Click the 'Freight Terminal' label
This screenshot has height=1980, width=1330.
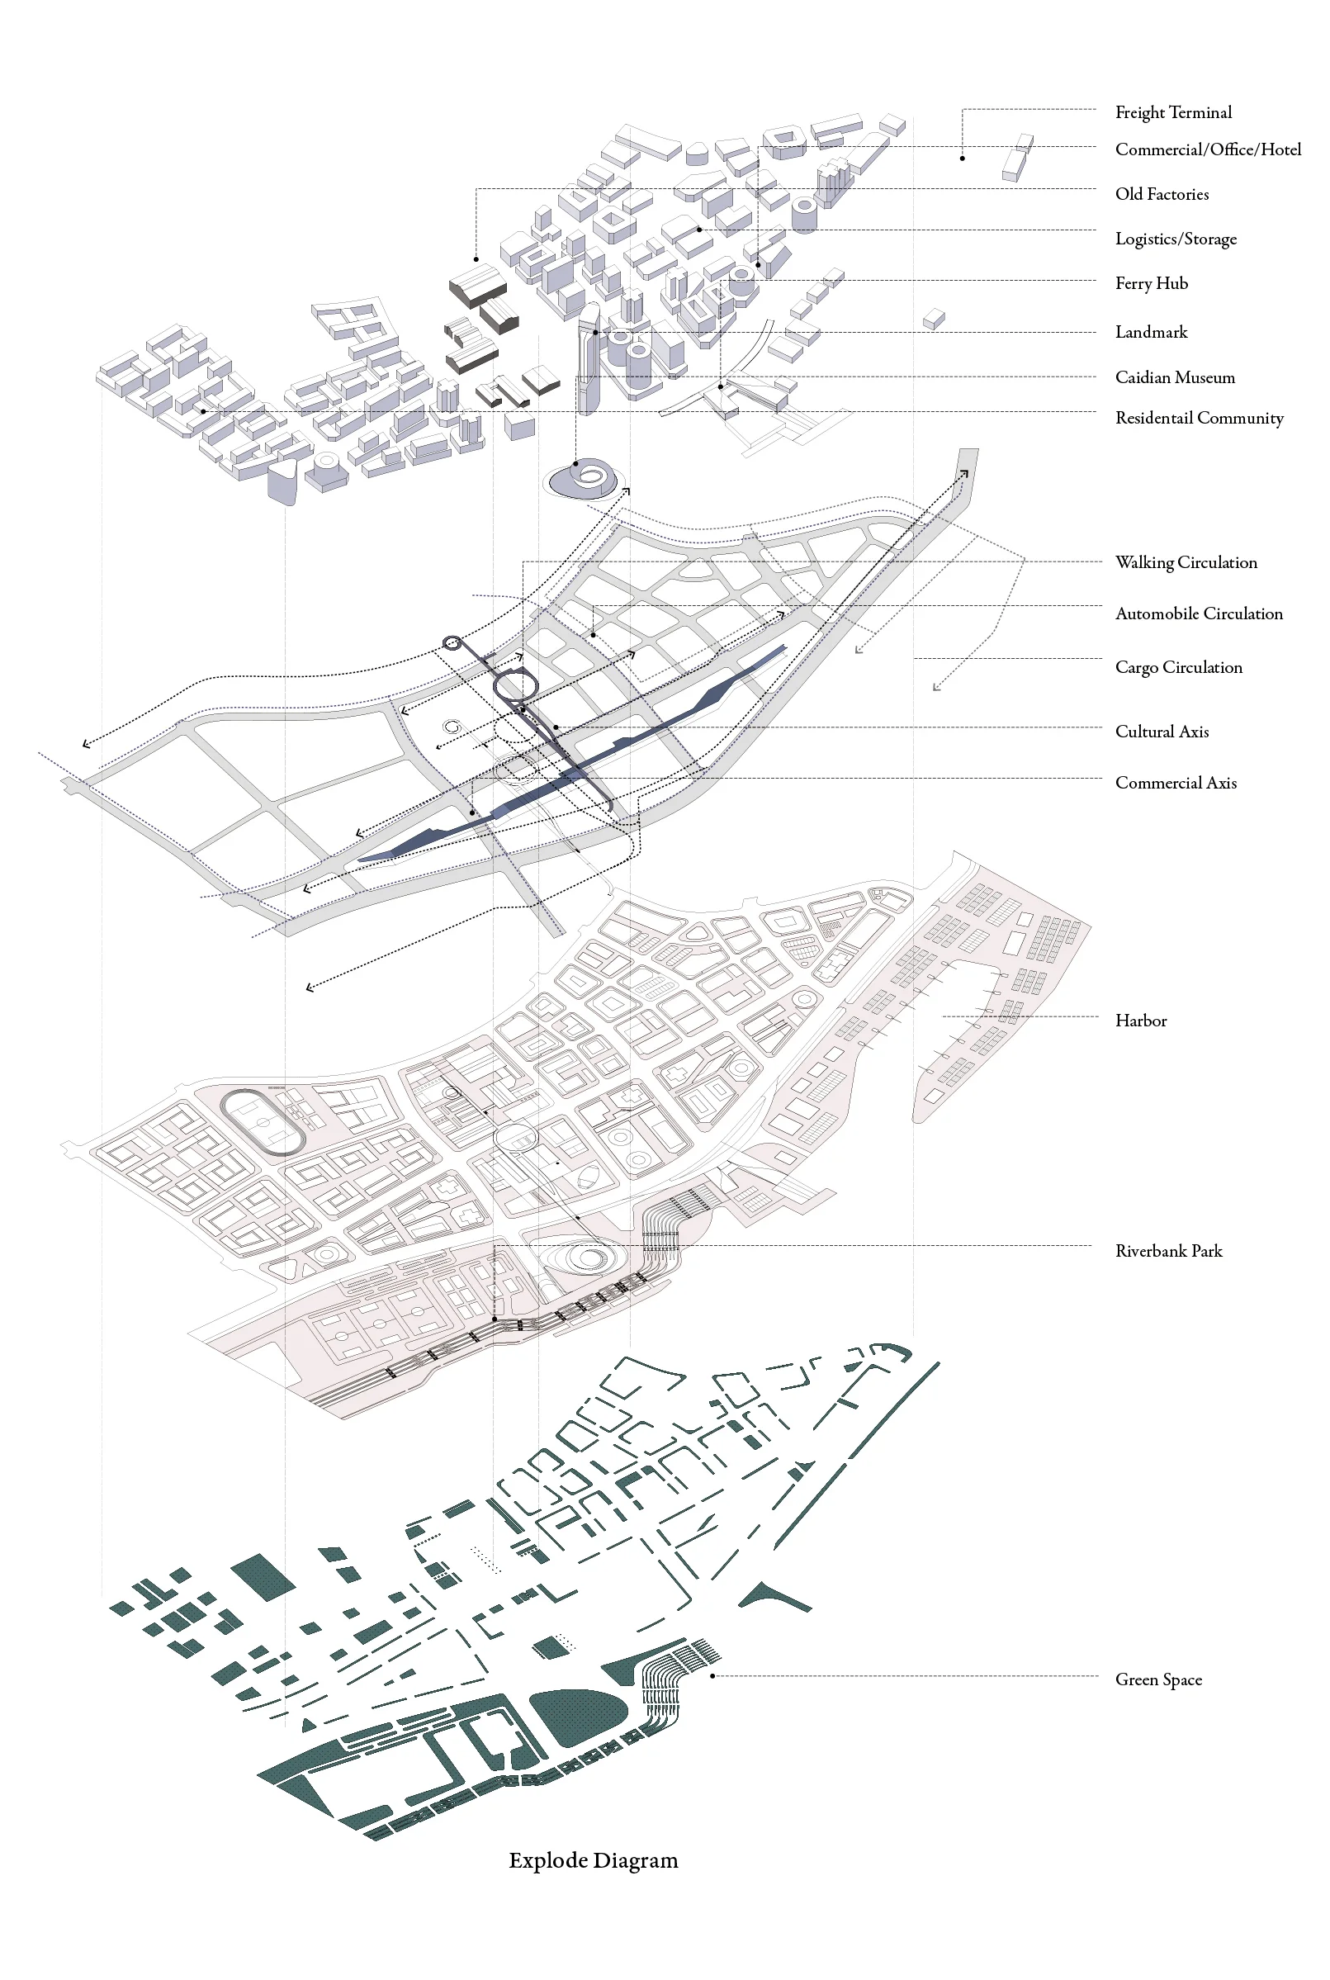(x=1173, y=112)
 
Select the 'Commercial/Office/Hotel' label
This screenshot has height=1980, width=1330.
(x=1208, y=149)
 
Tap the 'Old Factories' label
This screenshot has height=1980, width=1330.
(x=1162, y=194)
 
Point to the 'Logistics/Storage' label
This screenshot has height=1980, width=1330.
(x=1176, y=239)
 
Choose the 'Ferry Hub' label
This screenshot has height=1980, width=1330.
(x=1151, y=283)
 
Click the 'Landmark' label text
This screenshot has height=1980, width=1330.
(x=1151, y=332)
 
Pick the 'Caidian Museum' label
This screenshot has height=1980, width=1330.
(x=1175, y=377)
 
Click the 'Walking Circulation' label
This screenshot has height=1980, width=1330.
(x=1186, y=562)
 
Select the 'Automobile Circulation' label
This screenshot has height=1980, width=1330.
(x=1199, y=613)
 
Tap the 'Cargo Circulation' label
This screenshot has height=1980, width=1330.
(x=1178, y=668)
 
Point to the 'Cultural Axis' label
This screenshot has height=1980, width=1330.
(x=1162, y=732)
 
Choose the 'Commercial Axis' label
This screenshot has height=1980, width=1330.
(x=1176, y=783)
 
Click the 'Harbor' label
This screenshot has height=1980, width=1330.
(x=1141, y=1021)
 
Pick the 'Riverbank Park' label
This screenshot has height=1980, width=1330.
(x=1168, y=1251)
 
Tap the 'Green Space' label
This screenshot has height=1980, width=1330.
(x=1157, y=1679)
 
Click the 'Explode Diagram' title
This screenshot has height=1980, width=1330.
(x=593, y=1860)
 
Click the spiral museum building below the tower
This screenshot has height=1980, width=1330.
(x=585, y=479)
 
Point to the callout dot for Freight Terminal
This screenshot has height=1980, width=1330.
(x=962, y=159)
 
